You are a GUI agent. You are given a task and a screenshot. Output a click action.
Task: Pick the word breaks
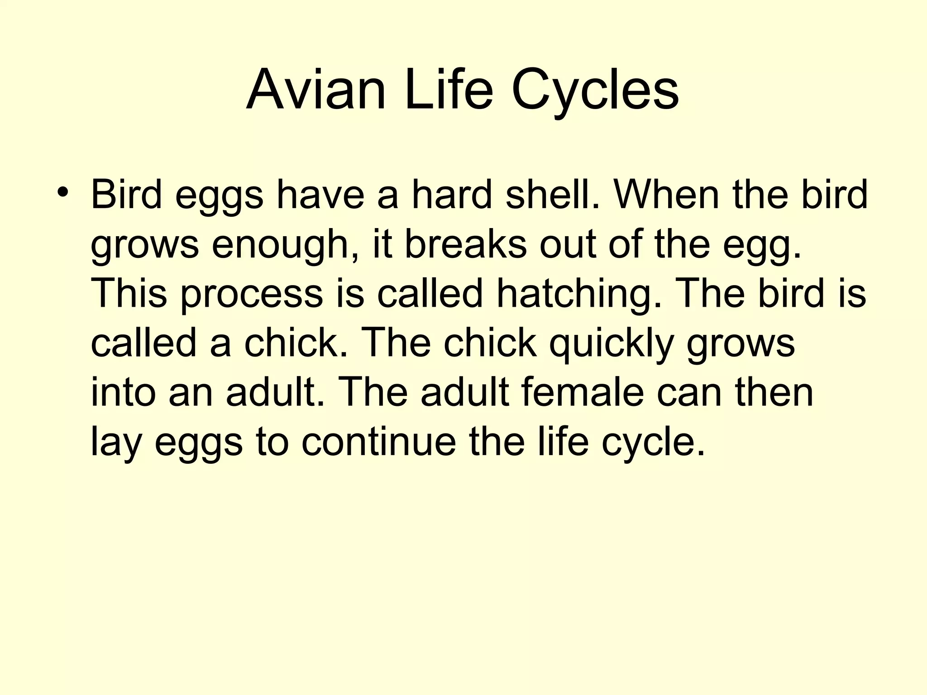click(x=465, y=244)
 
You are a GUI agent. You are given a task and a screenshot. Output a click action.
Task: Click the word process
click(x=252, y=294)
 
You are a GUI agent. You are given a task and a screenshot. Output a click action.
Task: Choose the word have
click(x=320, y=195)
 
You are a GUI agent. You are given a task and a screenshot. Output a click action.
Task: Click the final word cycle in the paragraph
click(x=653, y=442)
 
